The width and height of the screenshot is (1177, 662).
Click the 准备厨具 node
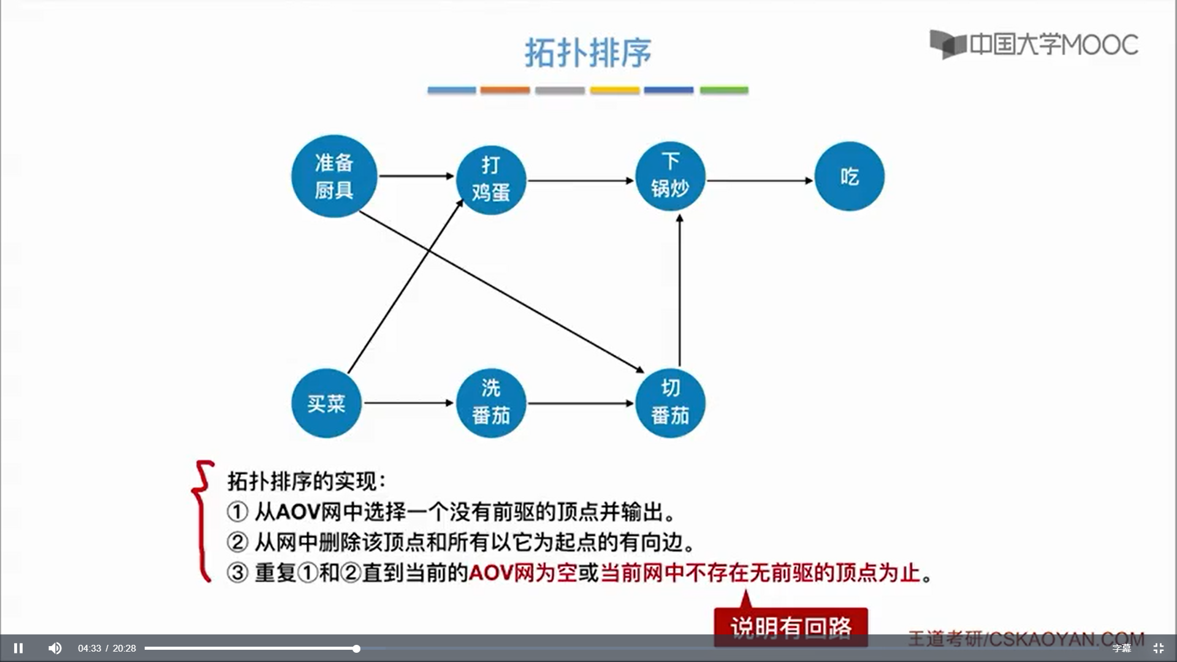tap(334, 177)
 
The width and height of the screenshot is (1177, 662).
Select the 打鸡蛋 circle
tap(491, 179)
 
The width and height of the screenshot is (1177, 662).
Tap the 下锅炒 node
tap(670, 176)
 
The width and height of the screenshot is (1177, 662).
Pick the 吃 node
tap(849, 177)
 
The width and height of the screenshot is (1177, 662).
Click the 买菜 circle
tap(326, 403)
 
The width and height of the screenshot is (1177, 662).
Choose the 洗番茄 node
tap(491, 403)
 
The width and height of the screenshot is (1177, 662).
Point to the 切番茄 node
tap(670, 403)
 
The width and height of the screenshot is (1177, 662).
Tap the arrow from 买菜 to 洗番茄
tap(408, 403)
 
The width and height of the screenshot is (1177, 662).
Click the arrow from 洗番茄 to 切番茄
tap(580, 403)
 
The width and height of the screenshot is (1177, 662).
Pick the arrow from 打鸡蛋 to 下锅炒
tap(580, 181)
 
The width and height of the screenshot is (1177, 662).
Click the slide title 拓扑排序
tap(588, 53)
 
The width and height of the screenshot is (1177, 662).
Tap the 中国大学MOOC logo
tap(1034, 44)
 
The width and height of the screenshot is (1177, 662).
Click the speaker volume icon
tap(55, 648)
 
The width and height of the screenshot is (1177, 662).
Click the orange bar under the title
tap(505, 90)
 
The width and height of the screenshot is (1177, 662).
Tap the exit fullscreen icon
tap(1159, 648)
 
